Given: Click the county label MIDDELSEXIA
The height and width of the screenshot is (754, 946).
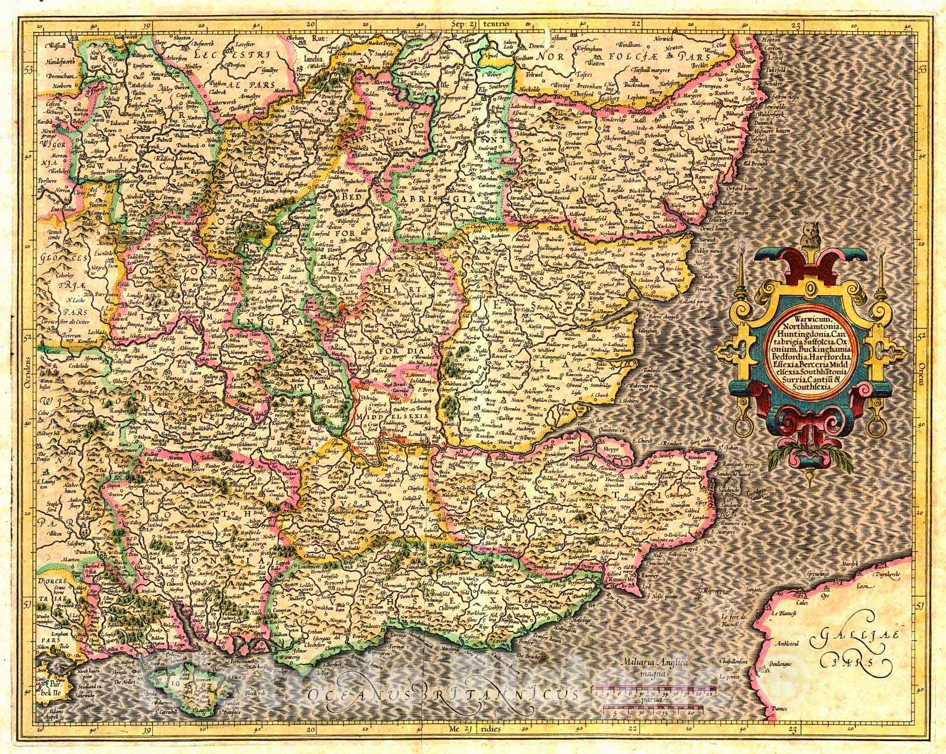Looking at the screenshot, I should point(387,416).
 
